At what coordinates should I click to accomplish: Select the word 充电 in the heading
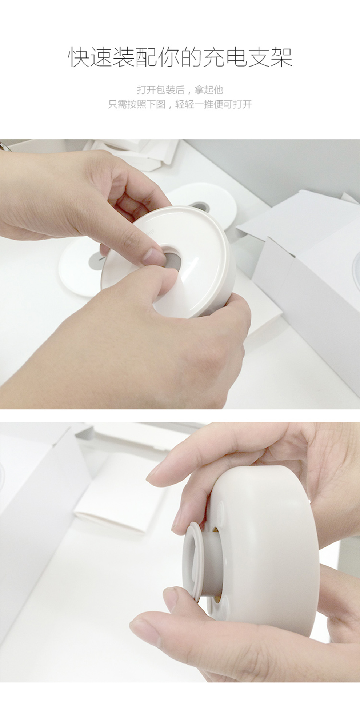click(x=225, y=57)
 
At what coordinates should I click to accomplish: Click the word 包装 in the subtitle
click(x=165, y=90)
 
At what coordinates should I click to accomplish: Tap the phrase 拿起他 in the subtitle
click(x=208, y=90)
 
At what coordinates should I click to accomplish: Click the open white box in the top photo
click(x=305, y=262)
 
